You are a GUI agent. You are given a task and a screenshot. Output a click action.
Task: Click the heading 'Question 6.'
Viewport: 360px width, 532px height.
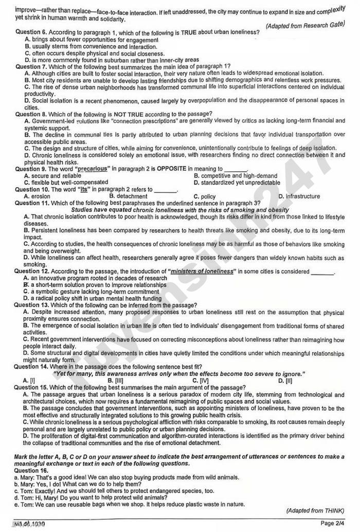[32, 32]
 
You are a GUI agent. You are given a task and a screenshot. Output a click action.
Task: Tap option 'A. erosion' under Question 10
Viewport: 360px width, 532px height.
[37, 196]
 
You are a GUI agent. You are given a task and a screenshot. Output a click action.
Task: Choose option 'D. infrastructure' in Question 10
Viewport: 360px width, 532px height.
[299, 196]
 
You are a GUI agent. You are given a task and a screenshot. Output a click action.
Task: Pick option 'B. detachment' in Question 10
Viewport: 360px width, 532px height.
[128, 196]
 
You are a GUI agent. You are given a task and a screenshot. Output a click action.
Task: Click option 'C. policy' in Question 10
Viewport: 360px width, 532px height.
[204, 196]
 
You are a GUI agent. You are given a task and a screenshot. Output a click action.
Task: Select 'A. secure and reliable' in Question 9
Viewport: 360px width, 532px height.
[52, 175]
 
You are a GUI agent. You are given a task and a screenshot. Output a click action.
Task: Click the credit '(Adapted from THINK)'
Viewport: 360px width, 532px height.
[315, 510]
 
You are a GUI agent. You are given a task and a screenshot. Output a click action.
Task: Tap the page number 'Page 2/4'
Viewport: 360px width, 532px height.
[334, 523]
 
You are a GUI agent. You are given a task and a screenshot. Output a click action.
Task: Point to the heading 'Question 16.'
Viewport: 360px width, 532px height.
[32, 470]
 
